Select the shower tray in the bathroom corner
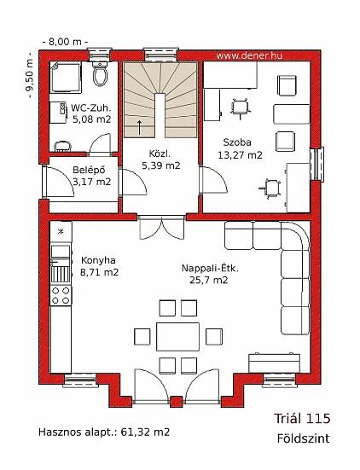[x=65, y=77]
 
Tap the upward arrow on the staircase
[x=139, y=127]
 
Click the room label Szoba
[x=237, y=142]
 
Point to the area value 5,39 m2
[x=161, y=165]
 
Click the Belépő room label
[x=89, y=170]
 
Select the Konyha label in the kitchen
[x=98, y=260]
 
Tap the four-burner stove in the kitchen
[x=61, y=295]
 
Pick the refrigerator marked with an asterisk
[x=61, y=232]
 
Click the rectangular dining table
[x=177, y=337]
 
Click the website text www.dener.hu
[x=249, y=55]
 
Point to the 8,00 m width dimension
[x=65, y=42]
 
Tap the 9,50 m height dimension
[x=29, y=75]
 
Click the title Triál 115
[x=302, y=419]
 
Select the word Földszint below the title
[x=303, y=438]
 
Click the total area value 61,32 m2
[x=145, y=432]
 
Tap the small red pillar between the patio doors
[x=177, y=402]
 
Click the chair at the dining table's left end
[x=142, y=337]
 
